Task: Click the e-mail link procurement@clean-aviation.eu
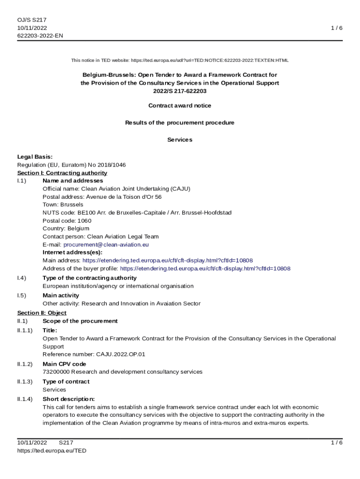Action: point(106,245)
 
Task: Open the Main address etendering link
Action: point(168,261)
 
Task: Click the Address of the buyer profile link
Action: point(205,269)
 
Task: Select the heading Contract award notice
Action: point(180,106)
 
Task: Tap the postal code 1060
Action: point(85,221)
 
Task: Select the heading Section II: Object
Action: point(42,313)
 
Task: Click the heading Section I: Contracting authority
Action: point(62,173)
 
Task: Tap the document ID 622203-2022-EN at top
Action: point(40,36)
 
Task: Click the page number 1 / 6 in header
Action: point(337,28)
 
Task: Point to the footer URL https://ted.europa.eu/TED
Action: point(52,450)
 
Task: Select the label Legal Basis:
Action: point(35,157)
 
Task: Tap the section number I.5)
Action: point(22,296)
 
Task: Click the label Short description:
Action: point(68,399)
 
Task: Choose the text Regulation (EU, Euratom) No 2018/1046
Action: point(71,165)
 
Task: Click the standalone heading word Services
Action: point(180,140)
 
